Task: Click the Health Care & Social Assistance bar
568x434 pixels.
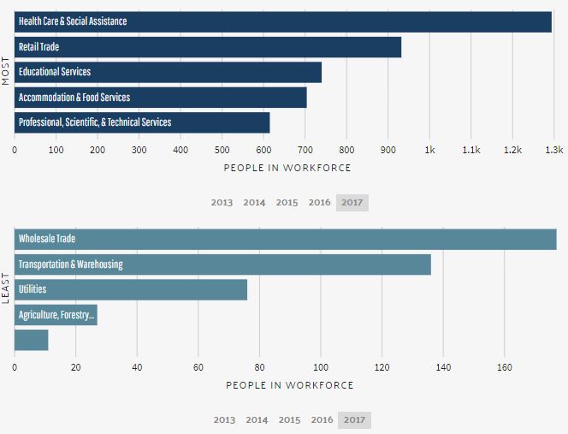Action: (283, 21)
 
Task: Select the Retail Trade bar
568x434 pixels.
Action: (208, 47)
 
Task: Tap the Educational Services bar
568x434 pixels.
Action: (168, 72)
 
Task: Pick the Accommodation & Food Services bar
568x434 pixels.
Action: (161, 98)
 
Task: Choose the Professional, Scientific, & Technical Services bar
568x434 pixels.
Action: (142, 122)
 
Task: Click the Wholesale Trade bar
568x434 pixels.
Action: (286, 239)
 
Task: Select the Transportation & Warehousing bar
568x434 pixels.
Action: (222, 265)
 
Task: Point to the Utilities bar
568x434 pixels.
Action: (131, 289)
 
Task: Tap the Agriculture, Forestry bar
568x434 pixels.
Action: (56, 315)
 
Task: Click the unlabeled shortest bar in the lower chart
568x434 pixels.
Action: (32, 340)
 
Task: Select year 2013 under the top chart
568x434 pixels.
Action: (222, 203)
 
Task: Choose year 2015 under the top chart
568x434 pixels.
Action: (287, 203)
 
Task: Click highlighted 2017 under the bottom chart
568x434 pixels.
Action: (355, 420)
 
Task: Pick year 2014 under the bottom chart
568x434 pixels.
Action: (257, 420)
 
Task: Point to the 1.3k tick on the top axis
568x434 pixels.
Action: (553, 150)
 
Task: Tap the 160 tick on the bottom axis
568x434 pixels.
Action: (504, 367)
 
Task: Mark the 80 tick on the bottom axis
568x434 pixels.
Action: (259, 367)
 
